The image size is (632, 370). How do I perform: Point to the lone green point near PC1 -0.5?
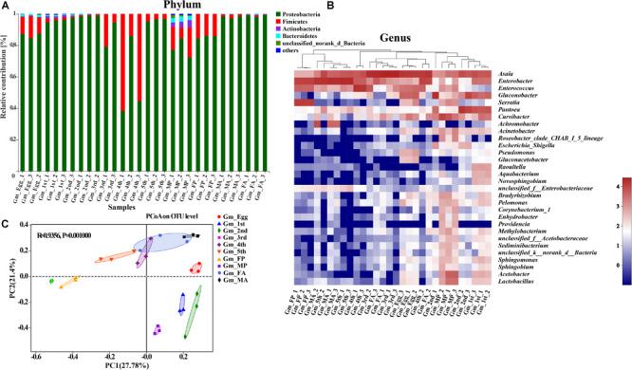point(51,282)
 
